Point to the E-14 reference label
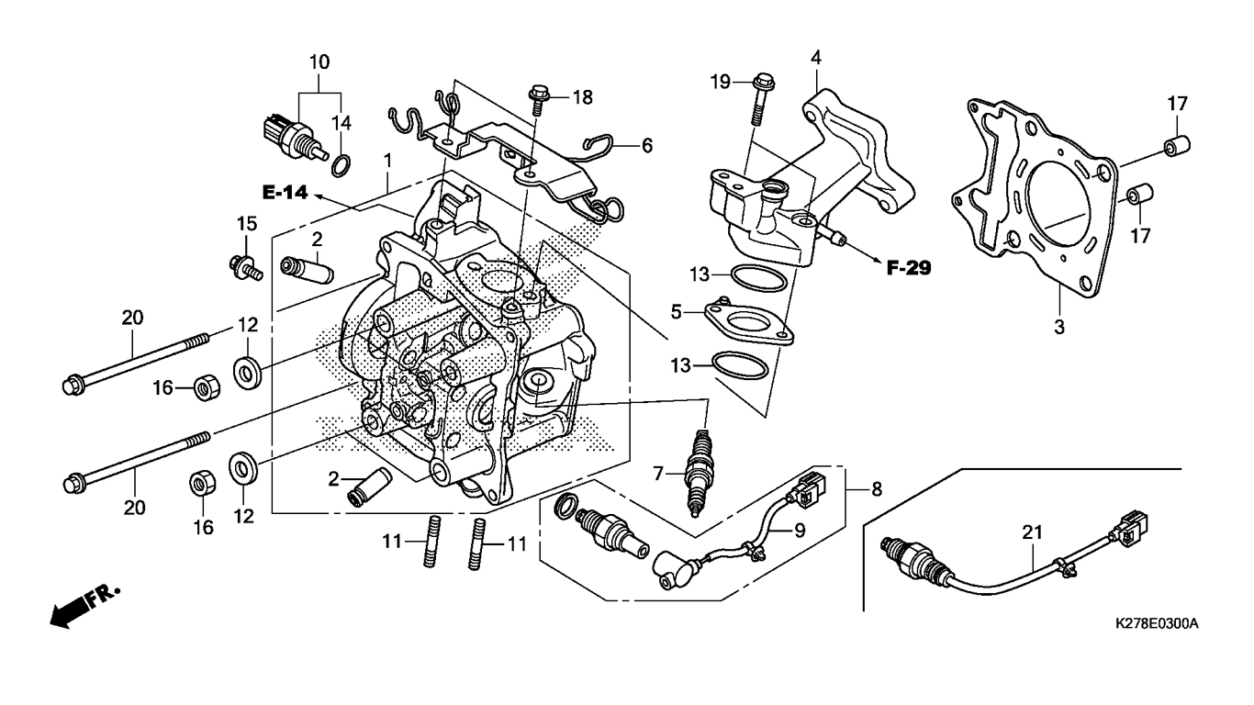(x=285, y=193)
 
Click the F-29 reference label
(x=909, y=268)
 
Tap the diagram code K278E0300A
(x=1157, y=624)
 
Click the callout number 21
(x=1032, y=532)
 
